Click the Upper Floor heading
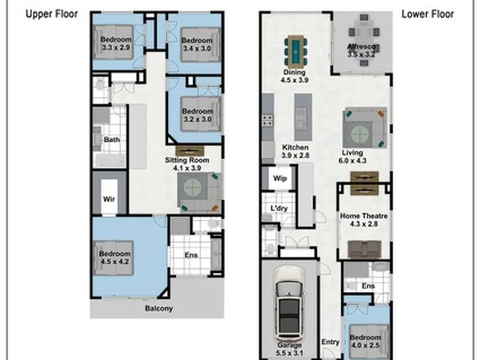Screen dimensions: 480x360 [x=52, y=14]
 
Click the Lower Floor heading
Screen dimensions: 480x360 [x=427, y=14]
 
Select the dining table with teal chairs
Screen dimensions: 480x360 [x=296, y=51]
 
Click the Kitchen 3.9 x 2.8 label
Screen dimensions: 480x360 [x=295, y=151]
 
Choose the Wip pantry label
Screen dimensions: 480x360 [x=280, y=178]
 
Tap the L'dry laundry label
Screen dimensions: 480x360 [x=279, y=209]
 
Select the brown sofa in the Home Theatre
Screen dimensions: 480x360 [x=365, y=249]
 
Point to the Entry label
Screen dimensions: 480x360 [x=330, y=342]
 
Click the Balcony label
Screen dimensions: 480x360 [x=159, y=308]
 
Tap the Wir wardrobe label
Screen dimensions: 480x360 [x=109, y=199]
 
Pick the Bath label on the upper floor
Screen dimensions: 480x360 [x=112, y=139]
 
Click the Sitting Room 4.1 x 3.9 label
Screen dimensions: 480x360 [x=187, y=164]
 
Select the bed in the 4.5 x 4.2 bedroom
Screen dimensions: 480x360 [x=113, y=258]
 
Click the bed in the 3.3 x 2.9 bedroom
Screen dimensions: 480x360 [x=113, y=42]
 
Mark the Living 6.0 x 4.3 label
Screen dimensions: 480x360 [x=353, y=157]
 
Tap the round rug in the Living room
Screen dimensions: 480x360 [x=360, y=134]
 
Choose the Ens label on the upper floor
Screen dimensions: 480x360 [x=191, y=255]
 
